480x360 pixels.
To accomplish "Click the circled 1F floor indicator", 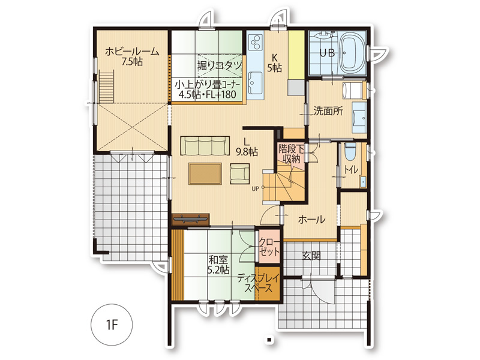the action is tap(112, 325).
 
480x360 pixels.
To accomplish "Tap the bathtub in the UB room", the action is tap(352, 54).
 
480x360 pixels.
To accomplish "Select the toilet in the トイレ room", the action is tap(350, 152).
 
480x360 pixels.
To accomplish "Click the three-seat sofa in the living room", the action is tap(205, 146).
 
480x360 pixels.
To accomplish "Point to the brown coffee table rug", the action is tap(205, 173).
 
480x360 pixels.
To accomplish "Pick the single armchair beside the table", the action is tap(239, 173).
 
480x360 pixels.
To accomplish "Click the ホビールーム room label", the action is tap(132, 56).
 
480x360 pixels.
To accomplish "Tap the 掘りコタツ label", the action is tap(220, 65).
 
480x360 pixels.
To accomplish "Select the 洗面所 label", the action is tap(328, 111).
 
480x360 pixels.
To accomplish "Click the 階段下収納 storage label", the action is tap(291, 154).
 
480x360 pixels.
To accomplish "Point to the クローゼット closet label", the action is tap(269, 247).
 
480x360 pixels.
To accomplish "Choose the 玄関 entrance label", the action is tap(311, 256).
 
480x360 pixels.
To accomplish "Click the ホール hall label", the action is tap(311, 220).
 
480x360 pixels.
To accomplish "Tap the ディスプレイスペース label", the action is tap(259, 283).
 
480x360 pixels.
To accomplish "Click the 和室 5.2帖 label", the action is tap(218, 265).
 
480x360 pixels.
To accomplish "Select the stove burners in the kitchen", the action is tap(256, 42).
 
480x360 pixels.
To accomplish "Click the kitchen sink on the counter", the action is tap(255, 83).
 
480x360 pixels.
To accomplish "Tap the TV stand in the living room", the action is tap(191, 219).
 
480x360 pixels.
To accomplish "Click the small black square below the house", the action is tap(269, 340).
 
